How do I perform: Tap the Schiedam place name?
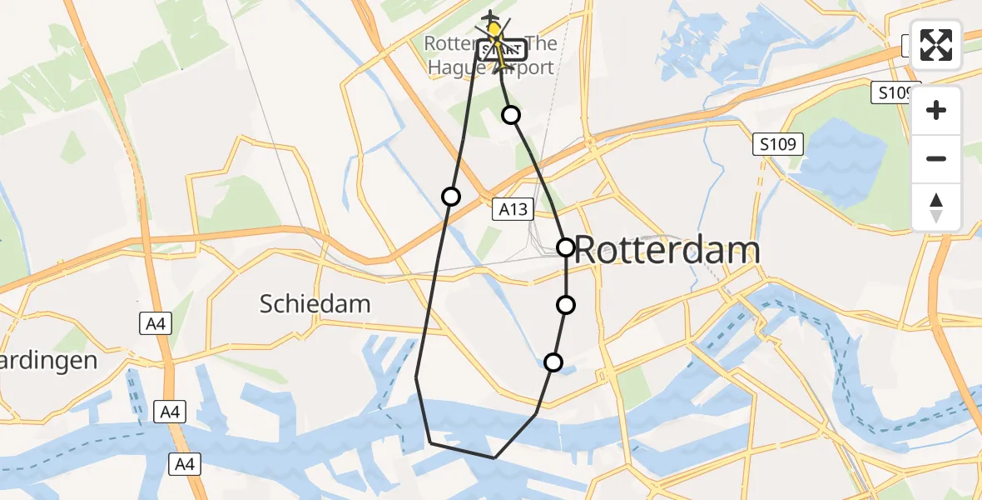coord(315,303)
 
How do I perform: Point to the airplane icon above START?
coord(492,17)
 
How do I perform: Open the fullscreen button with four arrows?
coord(936,45)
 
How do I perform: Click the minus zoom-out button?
coord(936,158)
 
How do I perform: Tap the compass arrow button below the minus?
coord(936,207)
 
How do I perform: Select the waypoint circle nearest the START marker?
coord(511,115)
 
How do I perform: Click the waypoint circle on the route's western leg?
coord(450,197)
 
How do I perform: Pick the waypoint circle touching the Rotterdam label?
coord(566,247)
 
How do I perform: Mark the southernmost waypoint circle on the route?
coord(553,362)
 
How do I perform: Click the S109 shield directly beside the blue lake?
coord(778,145)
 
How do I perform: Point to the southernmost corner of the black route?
coord(494,457)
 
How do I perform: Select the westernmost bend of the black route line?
coord(416,377)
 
